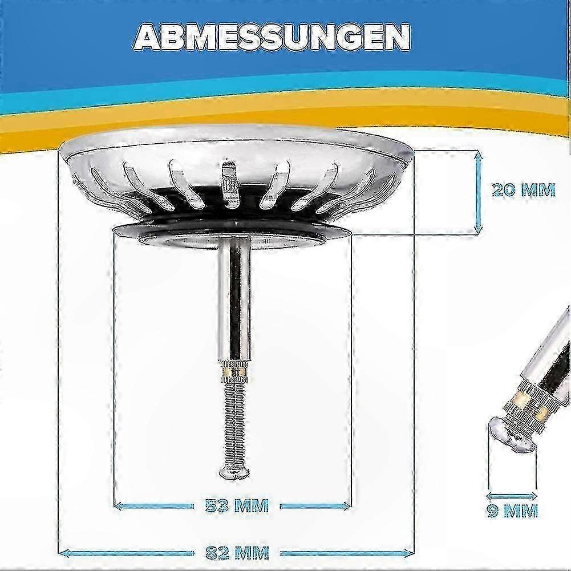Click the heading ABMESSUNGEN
272,38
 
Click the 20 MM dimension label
523,190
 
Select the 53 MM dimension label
236,505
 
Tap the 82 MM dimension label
236,553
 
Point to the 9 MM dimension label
512,511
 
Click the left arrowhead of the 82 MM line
64,553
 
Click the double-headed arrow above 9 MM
512,495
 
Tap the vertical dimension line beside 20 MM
477,191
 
